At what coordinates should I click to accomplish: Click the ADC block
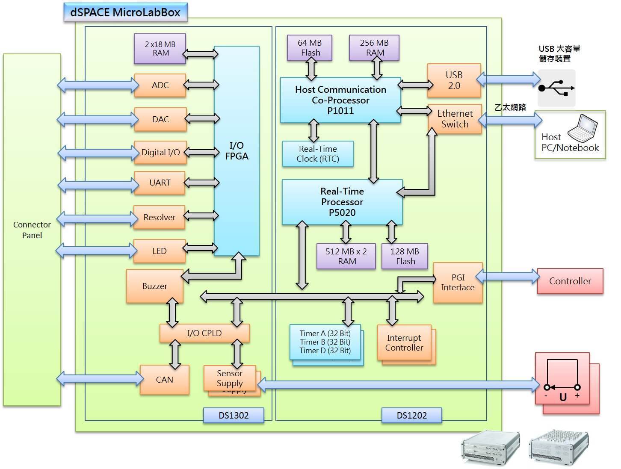160,85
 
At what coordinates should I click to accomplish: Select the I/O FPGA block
237,151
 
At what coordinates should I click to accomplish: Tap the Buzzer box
155,286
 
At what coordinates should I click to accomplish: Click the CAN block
165,380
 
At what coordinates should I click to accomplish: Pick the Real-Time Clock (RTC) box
318,154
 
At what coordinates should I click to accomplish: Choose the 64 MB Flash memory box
310,47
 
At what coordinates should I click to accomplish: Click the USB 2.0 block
454,80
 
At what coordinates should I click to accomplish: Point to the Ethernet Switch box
455,119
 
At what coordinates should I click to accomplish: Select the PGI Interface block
458,283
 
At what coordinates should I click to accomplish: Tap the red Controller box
570,281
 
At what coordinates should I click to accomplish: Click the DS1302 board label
234,415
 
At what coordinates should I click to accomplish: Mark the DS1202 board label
411,415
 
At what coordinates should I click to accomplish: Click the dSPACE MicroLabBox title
125,12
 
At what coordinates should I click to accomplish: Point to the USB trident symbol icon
556,88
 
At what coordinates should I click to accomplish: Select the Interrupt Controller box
404,343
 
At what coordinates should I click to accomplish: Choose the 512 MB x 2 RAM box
346,256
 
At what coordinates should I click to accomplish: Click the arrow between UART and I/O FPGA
201,183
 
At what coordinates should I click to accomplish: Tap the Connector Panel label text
32,230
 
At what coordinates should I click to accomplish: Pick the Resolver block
159,217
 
